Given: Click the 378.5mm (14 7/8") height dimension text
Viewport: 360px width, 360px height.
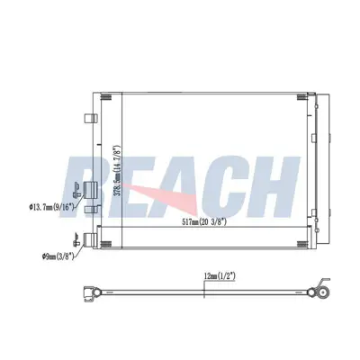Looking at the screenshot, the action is [x=118, y=171].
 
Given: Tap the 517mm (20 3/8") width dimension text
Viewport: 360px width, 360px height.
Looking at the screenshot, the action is [x=204, y=222].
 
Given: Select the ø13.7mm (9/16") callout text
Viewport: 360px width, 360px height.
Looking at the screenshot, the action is [x=51, y=207].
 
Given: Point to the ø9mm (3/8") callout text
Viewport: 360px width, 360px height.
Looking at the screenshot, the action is [x=58, y=256].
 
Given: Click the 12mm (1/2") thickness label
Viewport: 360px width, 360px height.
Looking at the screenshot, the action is [x=220, y=275].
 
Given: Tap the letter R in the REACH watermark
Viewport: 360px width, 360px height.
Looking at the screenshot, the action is [x=87, y=186].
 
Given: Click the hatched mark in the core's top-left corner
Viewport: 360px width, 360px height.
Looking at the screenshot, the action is [x=106, y=97].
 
